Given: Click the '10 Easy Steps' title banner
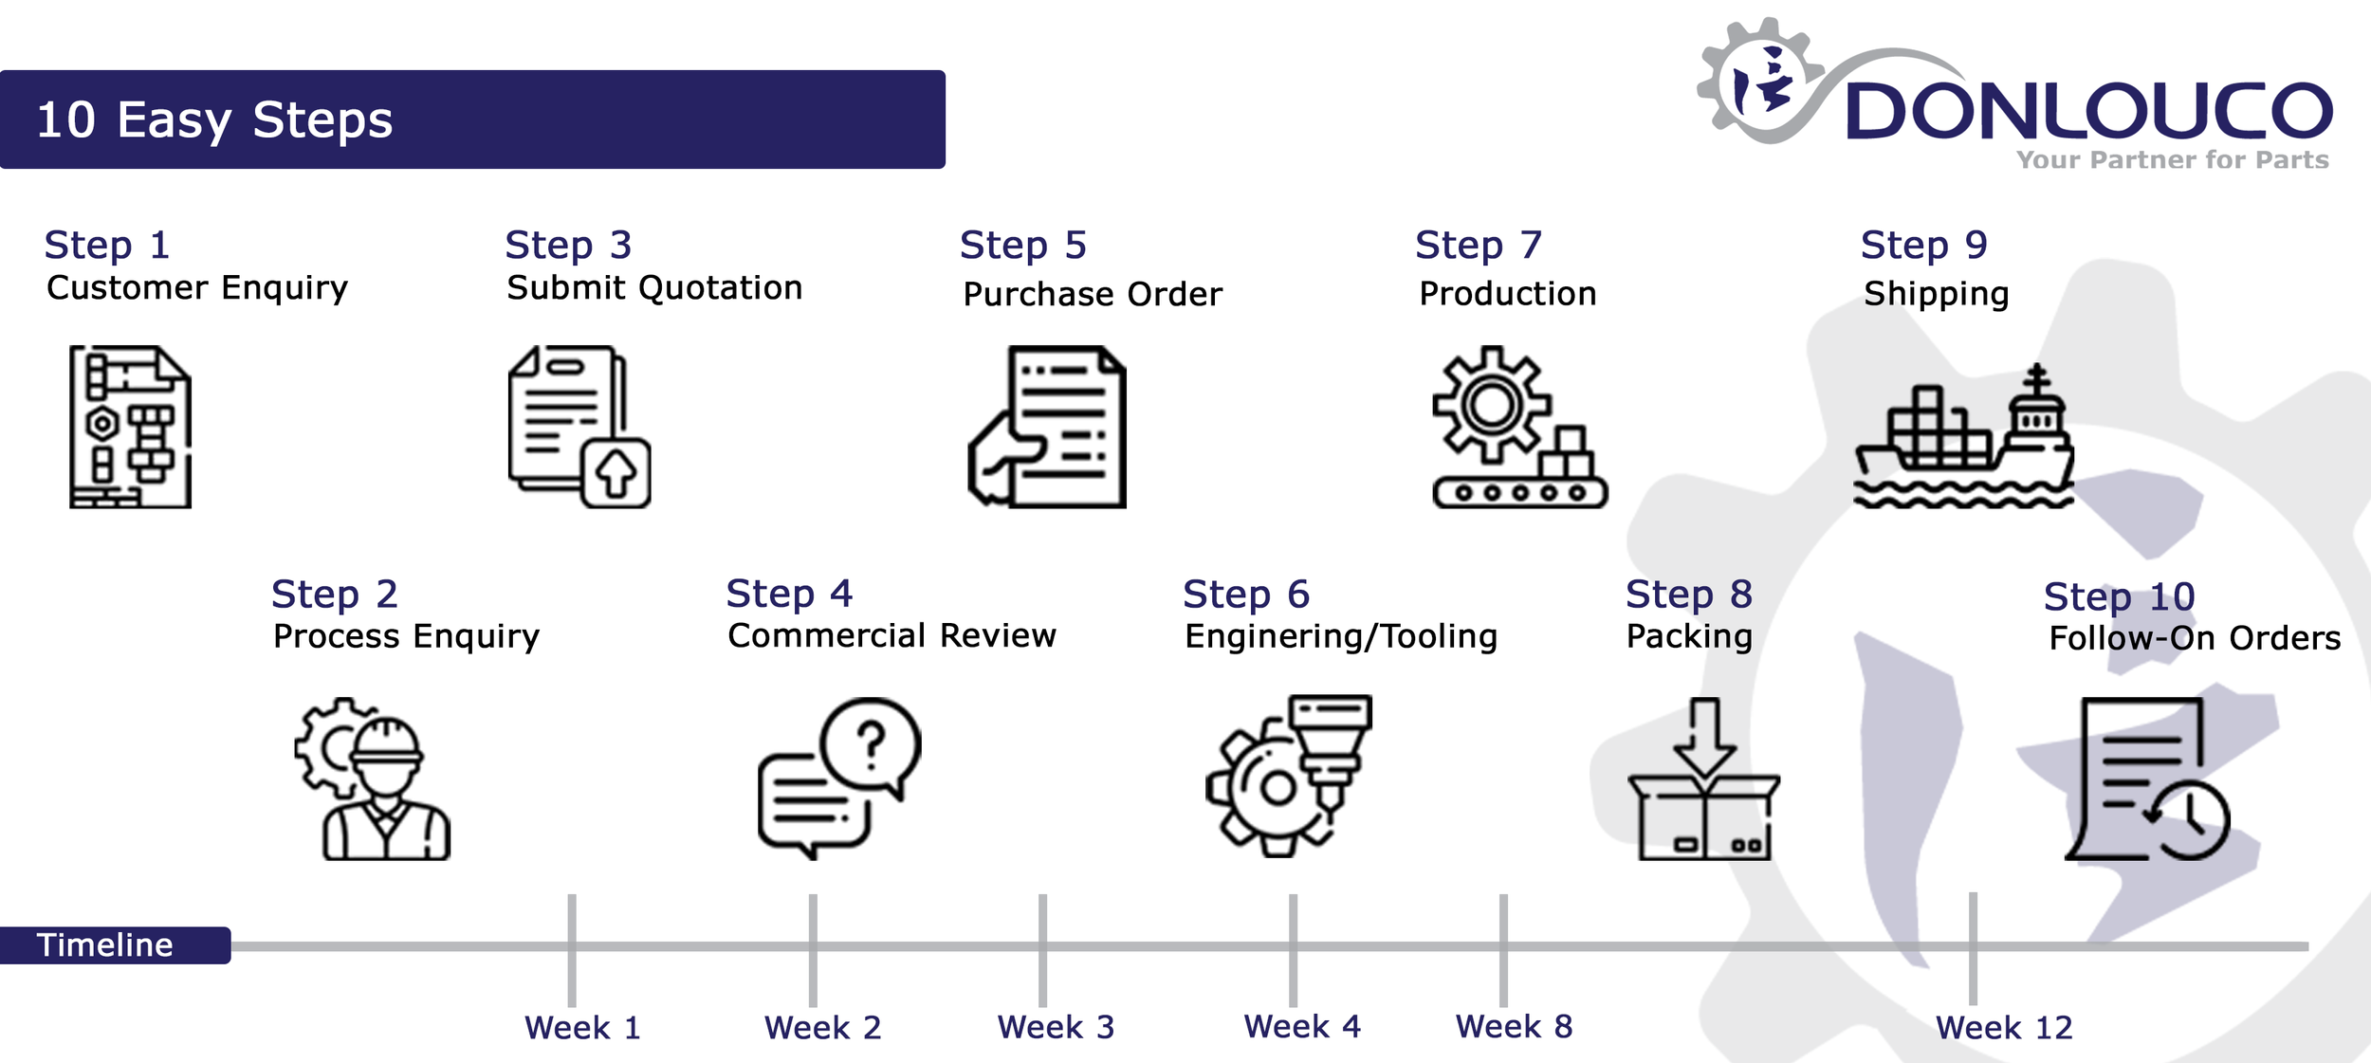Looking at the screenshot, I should (472, 119).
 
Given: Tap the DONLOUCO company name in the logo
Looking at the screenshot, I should (2087, 111).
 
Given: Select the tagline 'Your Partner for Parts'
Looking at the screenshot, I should (2172, 159).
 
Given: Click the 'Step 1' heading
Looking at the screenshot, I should (107, 245).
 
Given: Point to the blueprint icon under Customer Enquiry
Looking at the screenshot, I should (130, 427).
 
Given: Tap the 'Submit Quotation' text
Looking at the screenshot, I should (654, 287).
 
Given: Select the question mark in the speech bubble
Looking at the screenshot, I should (871, 744).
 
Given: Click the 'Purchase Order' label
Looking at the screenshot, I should (1093, 294).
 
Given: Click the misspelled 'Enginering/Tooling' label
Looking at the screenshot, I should (1340, 635).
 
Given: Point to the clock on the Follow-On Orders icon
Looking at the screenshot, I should (2189, 818).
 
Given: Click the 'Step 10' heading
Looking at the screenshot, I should (2119, 596).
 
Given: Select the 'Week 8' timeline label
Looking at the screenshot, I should (1514, 1026).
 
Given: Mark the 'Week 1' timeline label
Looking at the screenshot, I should (582, 1027).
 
